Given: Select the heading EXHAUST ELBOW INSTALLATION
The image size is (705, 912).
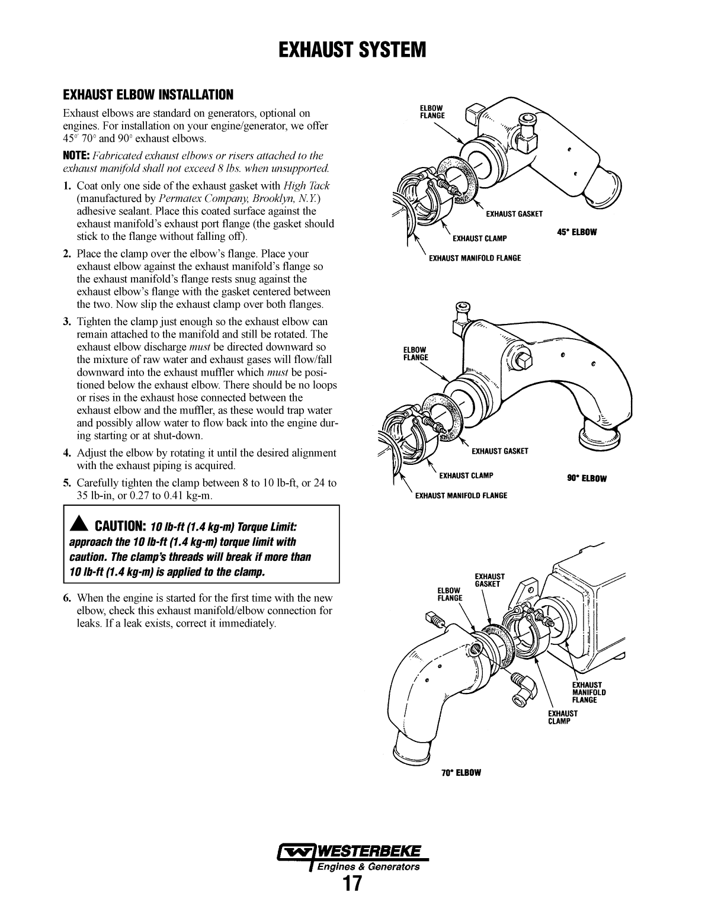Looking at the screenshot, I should click(x=148, y=95).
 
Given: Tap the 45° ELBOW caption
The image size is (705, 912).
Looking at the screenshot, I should click(x=576, y=232).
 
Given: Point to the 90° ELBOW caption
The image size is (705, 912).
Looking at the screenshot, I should click(x=587, y=479).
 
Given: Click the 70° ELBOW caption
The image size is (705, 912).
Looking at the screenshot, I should click(x=461, y=773).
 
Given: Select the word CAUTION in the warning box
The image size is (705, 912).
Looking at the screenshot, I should click(x=120, y=526).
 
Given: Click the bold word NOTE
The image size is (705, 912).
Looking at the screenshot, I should click(x=76, y=156).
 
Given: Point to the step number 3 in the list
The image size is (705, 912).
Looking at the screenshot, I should click(x=67, y=322).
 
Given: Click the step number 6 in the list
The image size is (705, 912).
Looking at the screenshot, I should click(x=67, y=598).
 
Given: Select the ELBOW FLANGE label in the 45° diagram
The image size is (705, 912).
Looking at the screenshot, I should click(x=432, y=112).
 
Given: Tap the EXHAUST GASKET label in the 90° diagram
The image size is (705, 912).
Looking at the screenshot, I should click(x=499, y=451).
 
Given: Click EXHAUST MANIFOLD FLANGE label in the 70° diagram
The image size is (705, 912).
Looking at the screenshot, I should click(x=588, y=692).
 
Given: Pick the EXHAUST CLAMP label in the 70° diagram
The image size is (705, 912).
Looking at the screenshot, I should click(x=562, y=717).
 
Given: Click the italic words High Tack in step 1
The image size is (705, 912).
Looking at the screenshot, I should click(x=307, y=185).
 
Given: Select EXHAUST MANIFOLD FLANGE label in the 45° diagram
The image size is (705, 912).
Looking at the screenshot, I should click(x=475, y=258).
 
